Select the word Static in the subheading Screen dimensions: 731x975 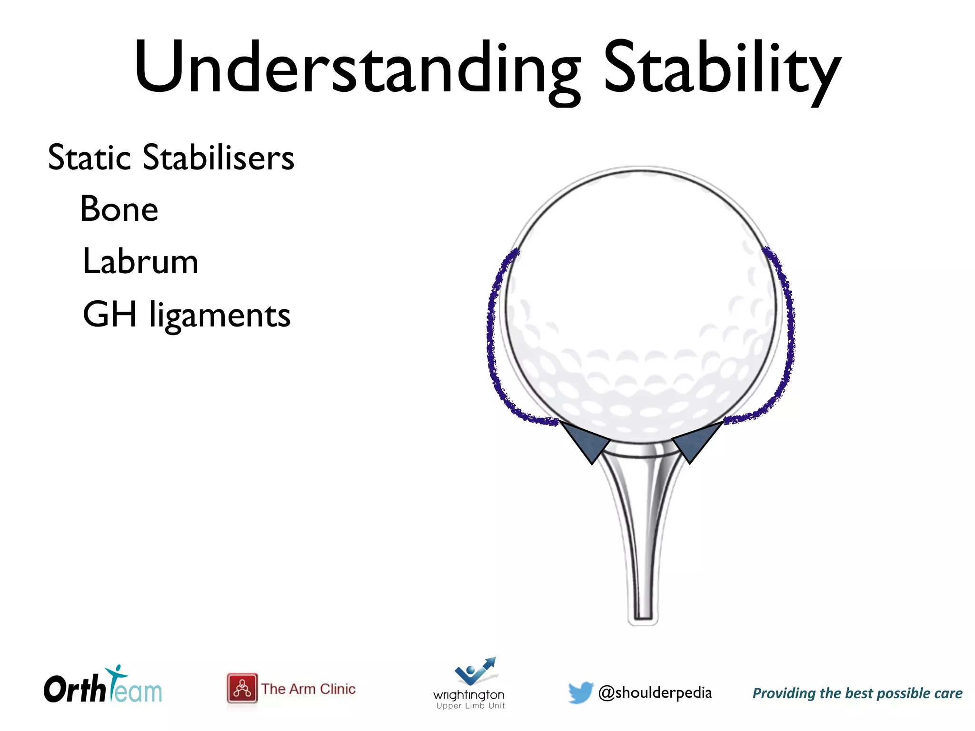[89, 158]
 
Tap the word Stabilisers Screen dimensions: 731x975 [219, 158]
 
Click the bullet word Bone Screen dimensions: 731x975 [119, 209]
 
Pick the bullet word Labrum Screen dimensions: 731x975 [140, 262]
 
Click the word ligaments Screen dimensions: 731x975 [219, 316]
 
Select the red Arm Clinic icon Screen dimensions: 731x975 [242, 688]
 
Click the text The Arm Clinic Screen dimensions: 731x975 [308, 689]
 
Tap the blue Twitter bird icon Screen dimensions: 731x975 [580, 692]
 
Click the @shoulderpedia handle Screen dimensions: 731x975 [655, 693]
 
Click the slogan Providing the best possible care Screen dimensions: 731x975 [857, 693]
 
